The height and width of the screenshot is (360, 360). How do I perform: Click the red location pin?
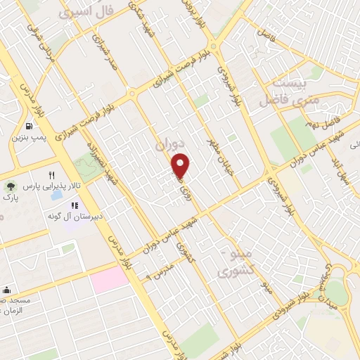pyautogui.click(x=181, y=165)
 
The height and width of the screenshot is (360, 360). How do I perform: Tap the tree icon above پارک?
pyautogui.click(x=10, y=186)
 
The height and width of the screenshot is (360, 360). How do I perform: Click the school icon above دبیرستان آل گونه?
pyautogui.click(x=74, y=206)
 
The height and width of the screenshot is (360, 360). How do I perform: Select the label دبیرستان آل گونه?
pyautogui.click(x=74, y=217)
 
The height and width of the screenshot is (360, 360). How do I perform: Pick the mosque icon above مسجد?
pyautogui.click(x=7, y=290)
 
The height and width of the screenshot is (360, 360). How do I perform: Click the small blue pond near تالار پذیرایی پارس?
pyautogui.click(x=56, y=194)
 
